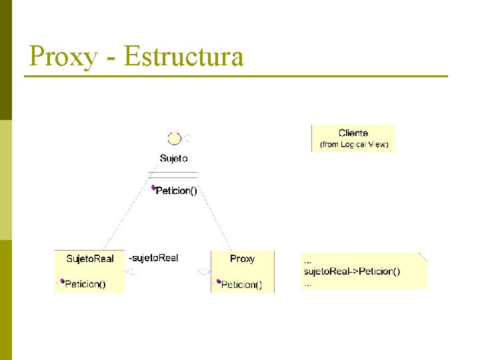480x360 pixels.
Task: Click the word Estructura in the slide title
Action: (183, 57)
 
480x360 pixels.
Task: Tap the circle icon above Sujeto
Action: (174, 139)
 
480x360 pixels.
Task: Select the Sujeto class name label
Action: (173, 159)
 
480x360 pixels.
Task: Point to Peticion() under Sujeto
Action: (177, 191)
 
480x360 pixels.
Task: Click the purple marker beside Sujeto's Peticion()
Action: (153, 188)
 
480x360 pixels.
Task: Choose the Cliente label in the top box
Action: (353, 133)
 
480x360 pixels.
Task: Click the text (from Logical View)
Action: (354, 144)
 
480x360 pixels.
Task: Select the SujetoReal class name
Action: (90, 259)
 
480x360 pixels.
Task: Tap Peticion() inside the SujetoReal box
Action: (85, 285)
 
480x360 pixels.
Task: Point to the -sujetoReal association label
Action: (153, 258)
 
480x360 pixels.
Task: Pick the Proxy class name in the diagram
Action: (242, 259)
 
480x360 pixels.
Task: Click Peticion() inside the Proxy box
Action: (241, 285)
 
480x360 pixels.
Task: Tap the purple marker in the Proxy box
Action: (218, 282)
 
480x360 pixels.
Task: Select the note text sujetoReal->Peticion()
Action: (352, 271)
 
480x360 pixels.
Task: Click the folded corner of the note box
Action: (423, 256)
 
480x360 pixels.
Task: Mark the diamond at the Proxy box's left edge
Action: (203, 271)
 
